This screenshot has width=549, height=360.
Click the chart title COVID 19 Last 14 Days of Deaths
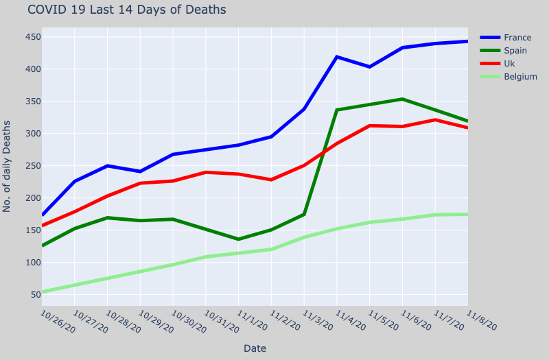[126, 10]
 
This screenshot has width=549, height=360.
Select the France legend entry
[517, 38]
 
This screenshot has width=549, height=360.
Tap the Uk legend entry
[511, 64]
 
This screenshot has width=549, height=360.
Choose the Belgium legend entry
[520, 77]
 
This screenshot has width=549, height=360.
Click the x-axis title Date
[255, 348]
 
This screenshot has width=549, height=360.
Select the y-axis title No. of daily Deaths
[8, 167]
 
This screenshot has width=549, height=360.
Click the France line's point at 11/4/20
[337, 57]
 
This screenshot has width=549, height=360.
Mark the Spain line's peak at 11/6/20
[402, 99]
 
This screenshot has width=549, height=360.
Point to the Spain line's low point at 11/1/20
[238, 239]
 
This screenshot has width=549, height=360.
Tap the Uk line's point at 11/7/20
[435, 120]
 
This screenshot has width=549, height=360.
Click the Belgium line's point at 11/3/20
[304, 237]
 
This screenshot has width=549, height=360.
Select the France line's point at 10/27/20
[74, 182]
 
